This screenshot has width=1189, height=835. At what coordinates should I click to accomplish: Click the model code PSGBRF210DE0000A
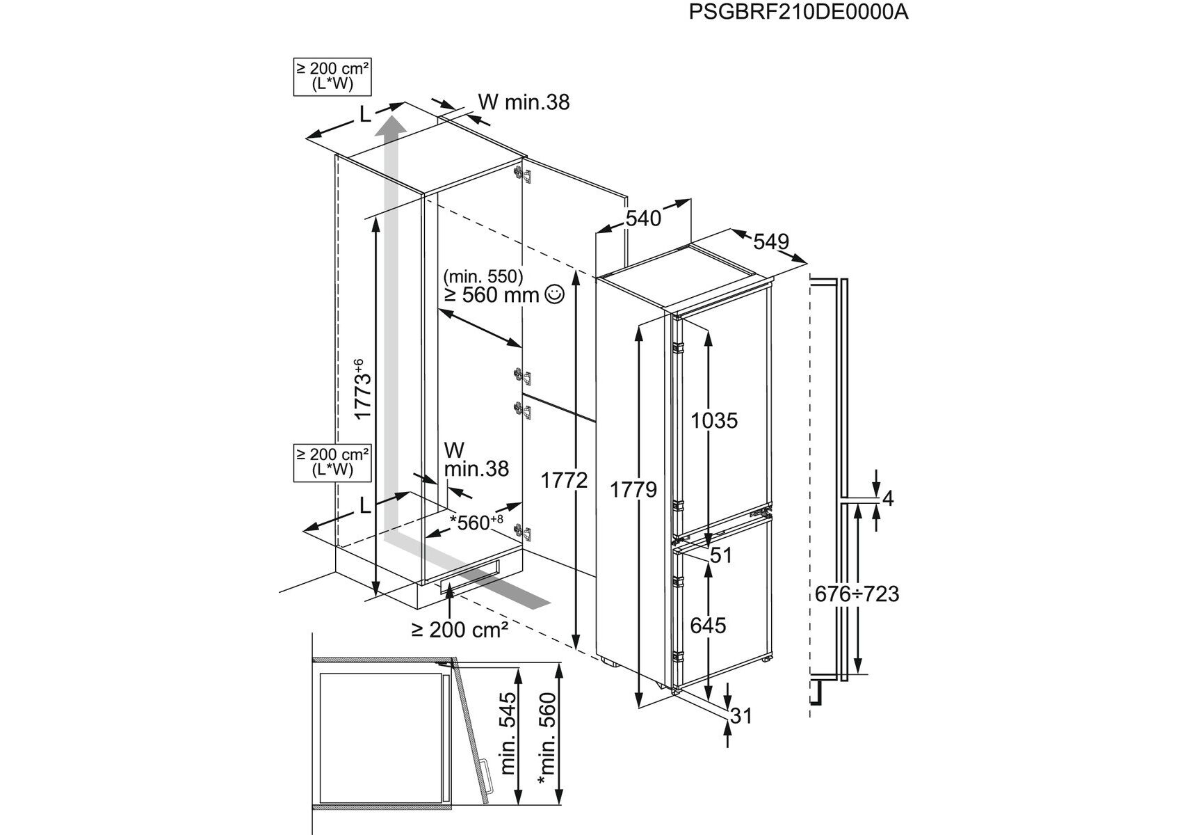798,13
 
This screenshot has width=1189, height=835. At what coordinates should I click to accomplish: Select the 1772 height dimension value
564,481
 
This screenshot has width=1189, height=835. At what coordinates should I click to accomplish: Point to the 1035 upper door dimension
713,420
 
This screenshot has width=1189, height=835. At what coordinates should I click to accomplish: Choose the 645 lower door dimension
708,626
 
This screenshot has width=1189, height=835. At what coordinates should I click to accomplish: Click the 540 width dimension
643,218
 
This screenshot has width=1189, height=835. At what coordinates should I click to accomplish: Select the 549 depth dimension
771,241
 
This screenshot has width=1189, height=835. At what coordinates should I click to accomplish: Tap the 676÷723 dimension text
857,594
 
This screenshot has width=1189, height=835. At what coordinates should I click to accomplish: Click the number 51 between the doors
721,555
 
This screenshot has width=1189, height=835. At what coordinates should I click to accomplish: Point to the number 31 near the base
742,715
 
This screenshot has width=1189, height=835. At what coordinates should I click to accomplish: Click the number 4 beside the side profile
887,498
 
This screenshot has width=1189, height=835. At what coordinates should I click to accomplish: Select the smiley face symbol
555,295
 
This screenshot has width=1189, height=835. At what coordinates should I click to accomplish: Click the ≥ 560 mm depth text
492,295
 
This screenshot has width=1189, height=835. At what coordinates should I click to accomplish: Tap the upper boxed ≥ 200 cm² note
332,77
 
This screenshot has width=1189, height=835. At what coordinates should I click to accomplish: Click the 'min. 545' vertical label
509,723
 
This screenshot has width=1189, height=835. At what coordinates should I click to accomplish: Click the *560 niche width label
476,523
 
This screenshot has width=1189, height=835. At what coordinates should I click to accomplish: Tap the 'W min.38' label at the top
524,102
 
